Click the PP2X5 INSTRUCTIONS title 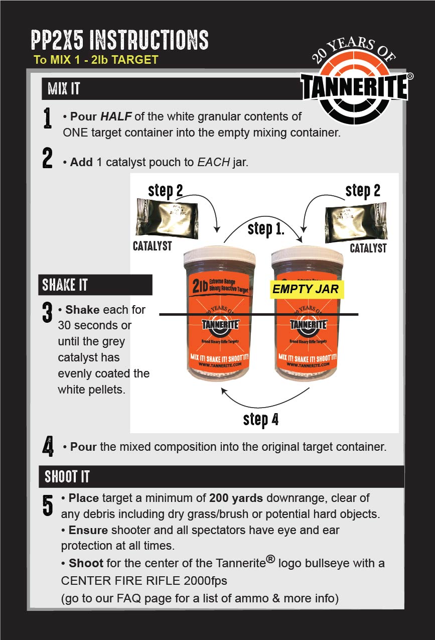(119, 40)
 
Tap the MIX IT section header (64, 90)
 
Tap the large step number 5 (48, 505)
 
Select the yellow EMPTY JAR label (306, 289)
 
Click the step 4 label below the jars (261, 419)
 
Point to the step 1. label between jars (266, 229)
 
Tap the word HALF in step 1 (115, 116)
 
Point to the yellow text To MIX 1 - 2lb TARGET (95, 60)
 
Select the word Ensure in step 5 (88, 531)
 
